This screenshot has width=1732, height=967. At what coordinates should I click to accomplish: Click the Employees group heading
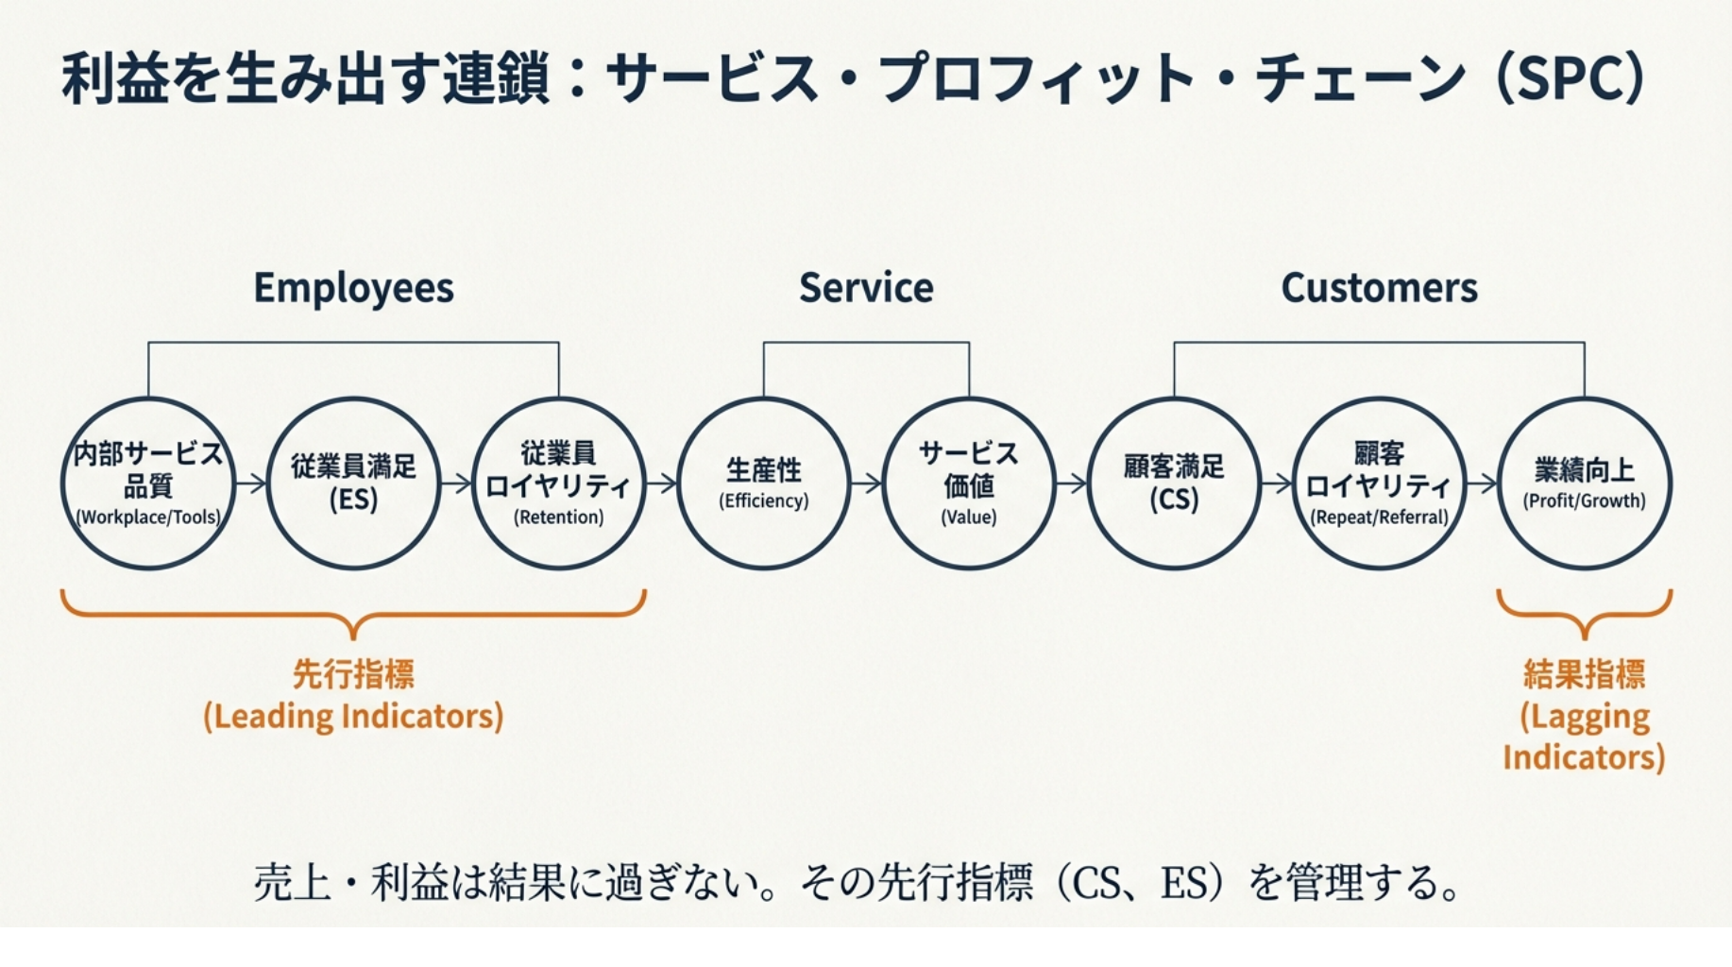pyautogui.click(x=353, y=288)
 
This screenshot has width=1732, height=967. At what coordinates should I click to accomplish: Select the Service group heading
pyautogui.click(x=866, y=288)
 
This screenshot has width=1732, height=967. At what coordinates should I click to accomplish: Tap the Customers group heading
pyautogui.click(x=1379, y=288)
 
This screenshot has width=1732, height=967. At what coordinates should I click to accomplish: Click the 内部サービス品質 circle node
pyautogui.click(x=148, y=483)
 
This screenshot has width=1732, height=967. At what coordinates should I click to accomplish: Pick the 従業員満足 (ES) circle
pyautogui.click(x=353, y=483)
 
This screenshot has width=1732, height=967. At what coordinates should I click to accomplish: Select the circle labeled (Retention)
pyautogui.click(x=558, y=483)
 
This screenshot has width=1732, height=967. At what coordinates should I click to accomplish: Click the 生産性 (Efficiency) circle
pyautogui.click(x=764, y=483)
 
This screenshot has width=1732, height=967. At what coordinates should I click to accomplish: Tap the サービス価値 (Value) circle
pyautogui.click(x=969, y=483)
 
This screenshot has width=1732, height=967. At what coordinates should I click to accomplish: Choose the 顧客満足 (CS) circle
pyautogui.click(x=1174, y=483)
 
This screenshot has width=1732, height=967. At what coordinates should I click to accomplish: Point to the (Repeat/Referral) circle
pyautogui.click(x=1379, y=483)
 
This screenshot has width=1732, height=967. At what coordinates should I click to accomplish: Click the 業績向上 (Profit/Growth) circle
pyautogui.click(x=1584, y=483)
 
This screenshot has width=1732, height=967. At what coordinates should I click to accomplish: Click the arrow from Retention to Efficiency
pyautogui.click(x=662, y=483)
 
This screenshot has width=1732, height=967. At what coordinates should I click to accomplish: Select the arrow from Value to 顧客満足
pyautogui.click(x=1072, y=483)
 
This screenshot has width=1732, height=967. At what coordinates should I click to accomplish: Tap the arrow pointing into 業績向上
pyautogui.click(x=1483, y=483)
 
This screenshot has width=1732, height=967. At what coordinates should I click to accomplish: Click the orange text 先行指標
pyautogui.click(x=353, y=674)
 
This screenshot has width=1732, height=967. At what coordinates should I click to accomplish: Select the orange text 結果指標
pyautogui.click(x=1584, y=674)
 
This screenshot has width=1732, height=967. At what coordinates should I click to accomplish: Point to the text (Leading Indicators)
pyautogui.click(x=353, y=717)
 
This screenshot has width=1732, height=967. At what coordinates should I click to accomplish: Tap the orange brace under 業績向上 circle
pyautogui.click(x=1584, y=614)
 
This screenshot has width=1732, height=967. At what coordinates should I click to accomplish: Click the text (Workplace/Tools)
pyautogui.click(x=148, y=517)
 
